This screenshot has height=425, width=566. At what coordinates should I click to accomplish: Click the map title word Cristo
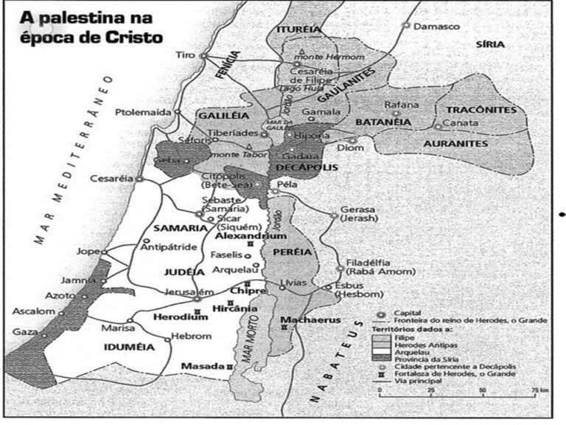tap(125, 37)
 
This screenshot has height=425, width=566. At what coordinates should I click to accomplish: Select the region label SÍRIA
tap(490, 44)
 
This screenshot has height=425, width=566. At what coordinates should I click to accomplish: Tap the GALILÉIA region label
tap(220, 116)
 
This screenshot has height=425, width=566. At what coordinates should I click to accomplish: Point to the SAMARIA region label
tap(177, 228)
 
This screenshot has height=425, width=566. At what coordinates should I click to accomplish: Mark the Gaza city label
tap(25, 332)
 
